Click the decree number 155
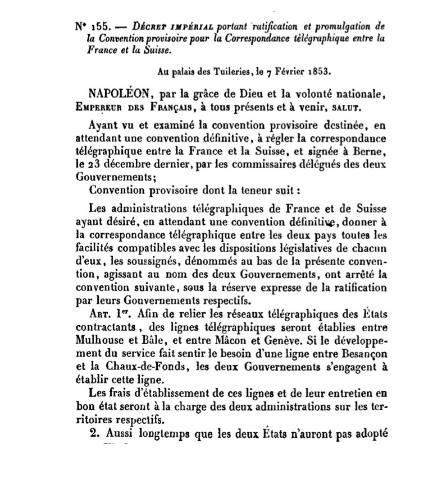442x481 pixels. click(x=99, y=26)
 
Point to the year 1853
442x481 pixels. click(x=317, y=72)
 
